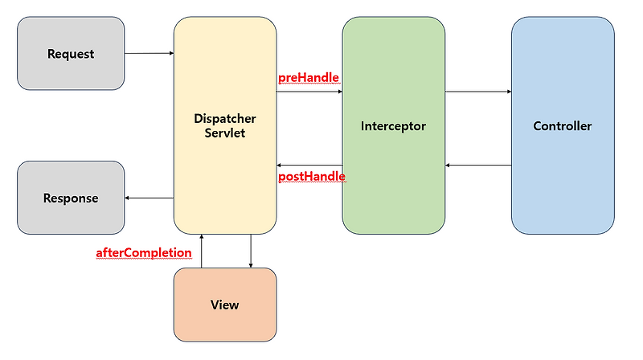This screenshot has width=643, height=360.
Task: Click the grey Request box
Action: click(x=71, y=55)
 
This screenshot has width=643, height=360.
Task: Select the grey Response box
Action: click(x=71, y=198)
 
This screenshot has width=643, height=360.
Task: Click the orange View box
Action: click(x=225, y=305)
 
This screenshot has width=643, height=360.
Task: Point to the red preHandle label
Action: click(x=309, y=78)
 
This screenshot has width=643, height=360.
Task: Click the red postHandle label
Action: click(x=311, y=176)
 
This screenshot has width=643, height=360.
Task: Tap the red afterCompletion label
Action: click(x=144, y=253)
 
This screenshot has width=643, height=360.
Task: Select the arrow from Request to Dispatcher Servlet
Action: click(x=149, y=53)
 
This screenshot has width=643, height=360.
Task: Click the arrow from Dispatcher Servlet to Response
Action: click(x=149, y=198)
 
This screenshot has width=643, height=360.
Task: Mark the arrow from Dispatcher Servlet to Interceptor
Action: click(x=309, y=92)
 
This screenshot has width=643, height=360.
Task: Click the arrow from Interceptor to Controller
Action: click(x=478, y=92)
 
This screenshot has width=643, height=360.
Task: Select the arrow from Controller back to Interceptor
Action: click(x=478, y=165)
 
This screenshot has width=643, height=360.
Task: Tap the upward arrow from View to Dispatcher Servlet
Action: click(x=201, y=251)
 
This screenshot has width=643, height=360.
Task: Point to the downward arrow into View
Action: click(x=252, y=251)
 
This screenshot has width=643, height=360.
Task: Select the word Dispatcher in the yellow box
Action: click(x=225, y=118)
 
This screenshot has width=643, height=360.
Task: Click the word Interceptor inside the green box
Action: click(x=393, y=126)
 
